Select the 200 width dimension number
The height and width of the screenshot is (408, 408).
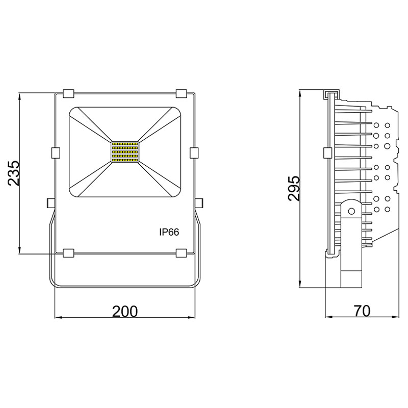[x=124, y=310]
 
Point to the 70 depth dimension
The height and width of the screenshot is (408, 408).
[x=362, y=310]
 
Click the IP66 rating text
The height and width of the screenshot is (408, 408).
[x=169, y=232]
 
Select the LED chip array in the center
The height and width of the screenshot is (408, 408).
[x=125, y=152]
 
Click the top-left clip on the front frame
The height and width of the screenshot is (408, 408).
[x=68, y=93]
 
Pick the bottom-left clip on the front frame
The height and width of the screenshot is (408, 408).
[x=68, y=252]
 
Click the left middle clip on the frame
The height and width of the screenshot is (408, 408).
[x=56, y=152]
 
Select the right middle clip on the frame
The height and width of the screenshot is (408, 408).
[x=194, y=152]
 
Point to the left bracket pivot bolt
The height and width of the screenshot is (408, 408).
[x=50, y=202]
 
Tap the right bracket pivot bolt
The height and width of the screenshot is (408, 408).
[x=199, y=202]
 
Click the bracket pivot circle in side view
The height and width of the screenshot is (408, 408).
[x=351, y=210]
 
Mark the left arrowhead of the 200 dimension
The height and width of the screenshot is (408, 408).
[x=57, y=318]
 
